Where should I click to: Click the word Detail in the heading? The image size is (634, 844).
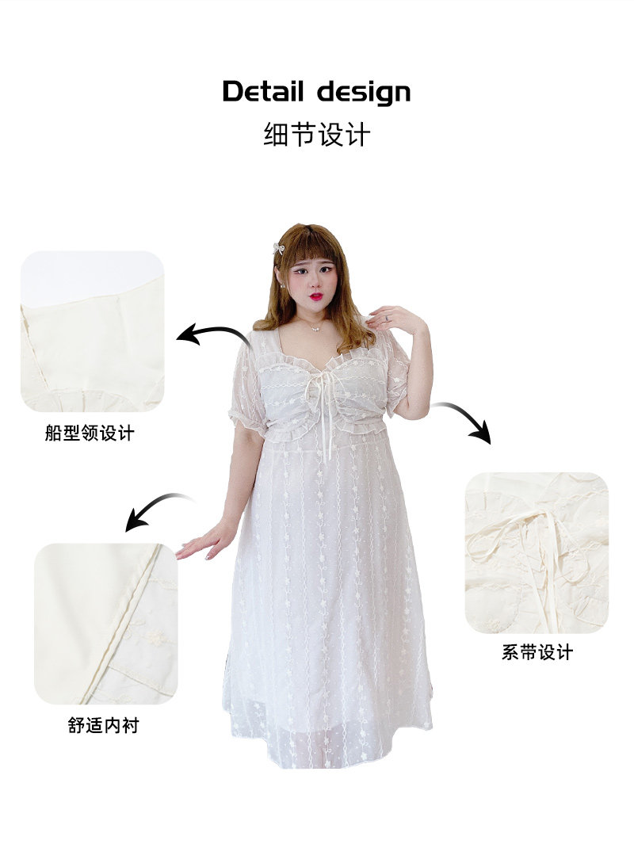pos(262,91)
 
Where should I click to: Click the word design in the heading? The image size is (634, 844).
pos(364,94)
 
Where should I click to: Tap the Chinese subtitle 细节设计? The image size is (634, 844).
pos(317,135)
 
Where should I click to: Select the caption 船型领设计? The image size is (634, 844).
pos(90,433)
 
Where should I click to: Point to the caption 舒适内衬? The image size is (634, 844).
pos(104,725)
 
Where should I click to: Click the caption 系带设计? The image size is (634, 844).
pos(537,652)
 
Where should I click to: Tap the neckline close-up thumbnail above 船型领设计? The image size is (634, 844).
pos(92,331)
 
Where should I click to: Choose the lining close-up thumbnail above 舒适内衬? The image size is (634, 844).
pos(106,624)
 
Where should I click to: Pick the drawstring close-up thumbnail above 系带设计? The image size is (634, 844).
pos(537,553)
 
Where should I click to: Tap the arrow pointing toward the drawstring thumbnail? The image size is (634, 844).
pos(467,416)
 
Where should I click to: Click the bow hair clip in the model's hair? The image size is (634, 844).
pos(279,248)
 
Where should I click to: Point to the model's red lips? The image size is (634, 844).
pos(316,296)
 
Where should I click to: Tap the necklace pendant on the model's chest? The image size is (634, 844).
pos(316,327)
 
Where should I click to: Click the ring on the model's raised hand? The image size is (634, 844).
pos(386,319)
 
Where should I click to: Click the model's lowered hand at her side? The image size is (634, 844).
pos(205,541)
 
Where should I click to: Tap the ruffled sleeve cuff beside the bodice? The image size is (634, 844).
pos(248,420)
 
